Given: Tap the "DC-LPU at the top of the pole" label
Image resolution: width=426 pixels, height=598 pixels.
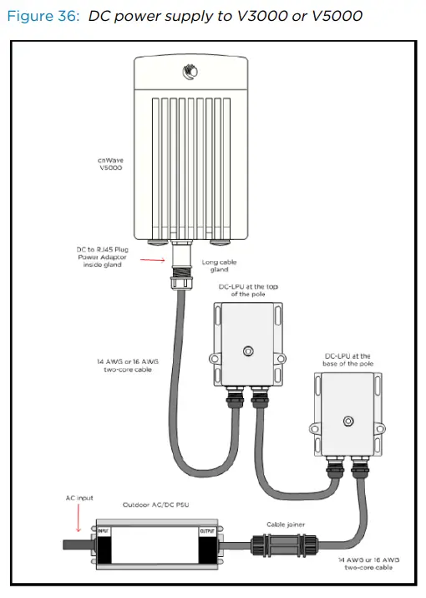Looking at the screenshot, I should tap(248, 291).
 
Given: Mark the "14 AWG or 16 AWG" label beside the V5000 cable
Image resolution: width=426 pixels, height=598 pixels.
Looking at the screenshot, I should tap(124, 365).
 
